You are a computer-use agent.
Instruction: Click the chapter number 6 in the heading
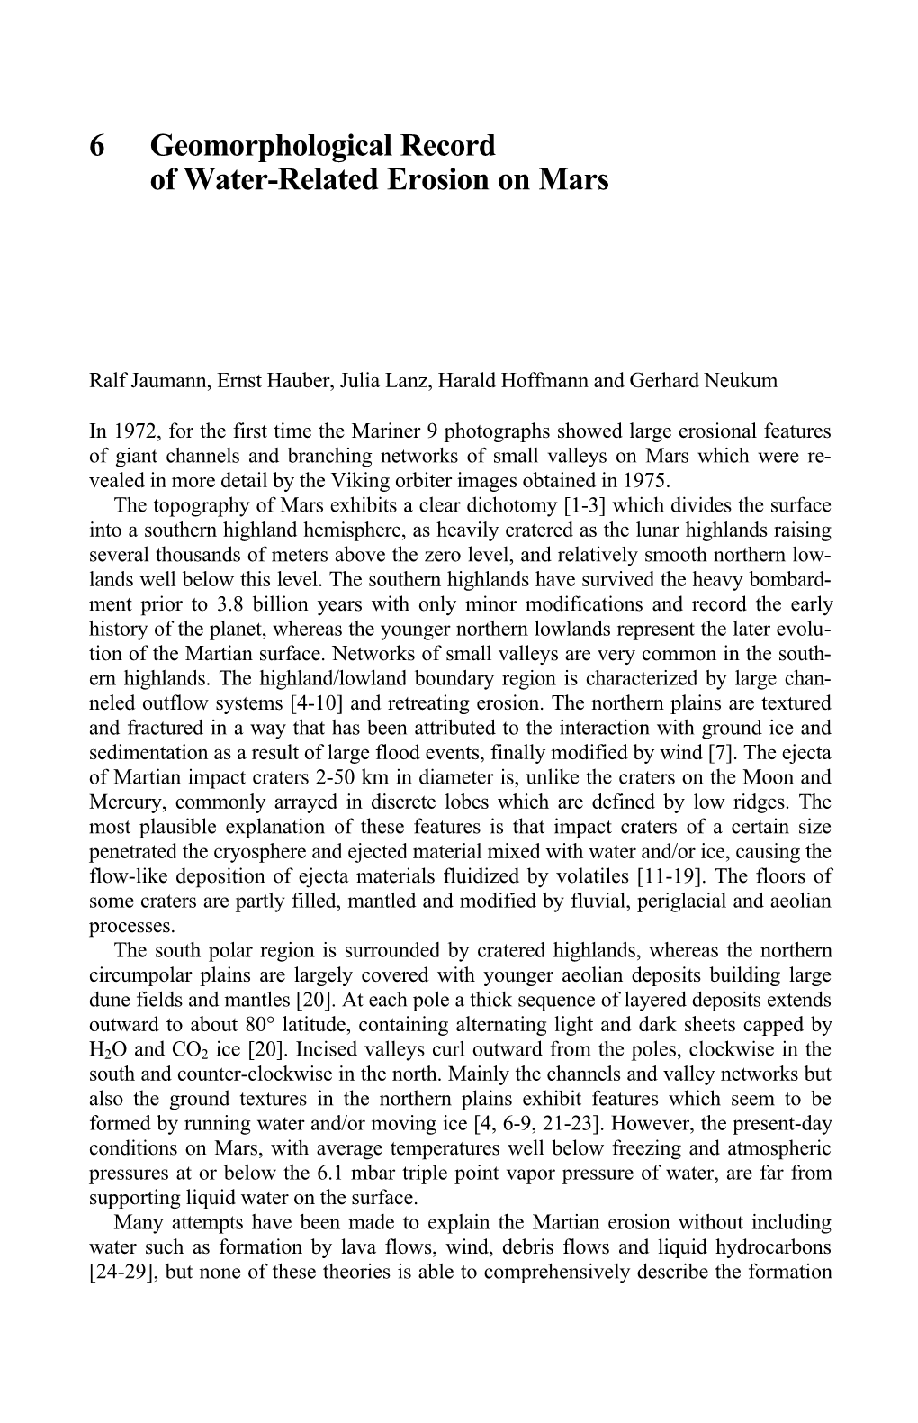pos(97,145)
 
